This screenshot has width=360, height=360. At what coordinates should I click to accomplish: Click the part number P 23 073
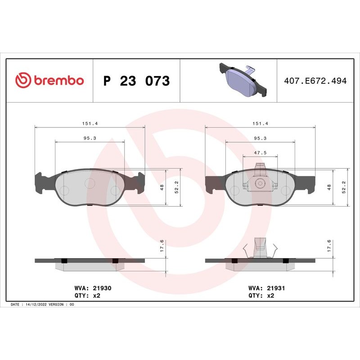point(136,81)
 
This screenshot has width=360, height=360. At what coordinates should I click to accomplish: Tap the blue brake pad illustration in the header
point(242,80)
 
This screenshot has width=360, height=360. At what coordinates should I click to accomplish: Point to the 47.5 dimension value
point(260,153)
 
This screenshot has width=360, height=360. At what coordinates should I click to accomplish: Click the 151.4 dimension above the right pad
point(260,123)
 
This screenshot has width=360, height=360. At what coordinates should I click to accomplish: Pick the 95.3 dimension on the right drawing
point(260,138)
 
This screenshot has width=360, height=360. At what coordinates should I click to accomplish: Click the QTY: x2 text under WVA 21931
point(261,296)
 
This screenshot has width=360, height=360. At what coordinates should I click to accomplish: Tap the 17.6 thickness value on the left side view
point(162,247)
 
